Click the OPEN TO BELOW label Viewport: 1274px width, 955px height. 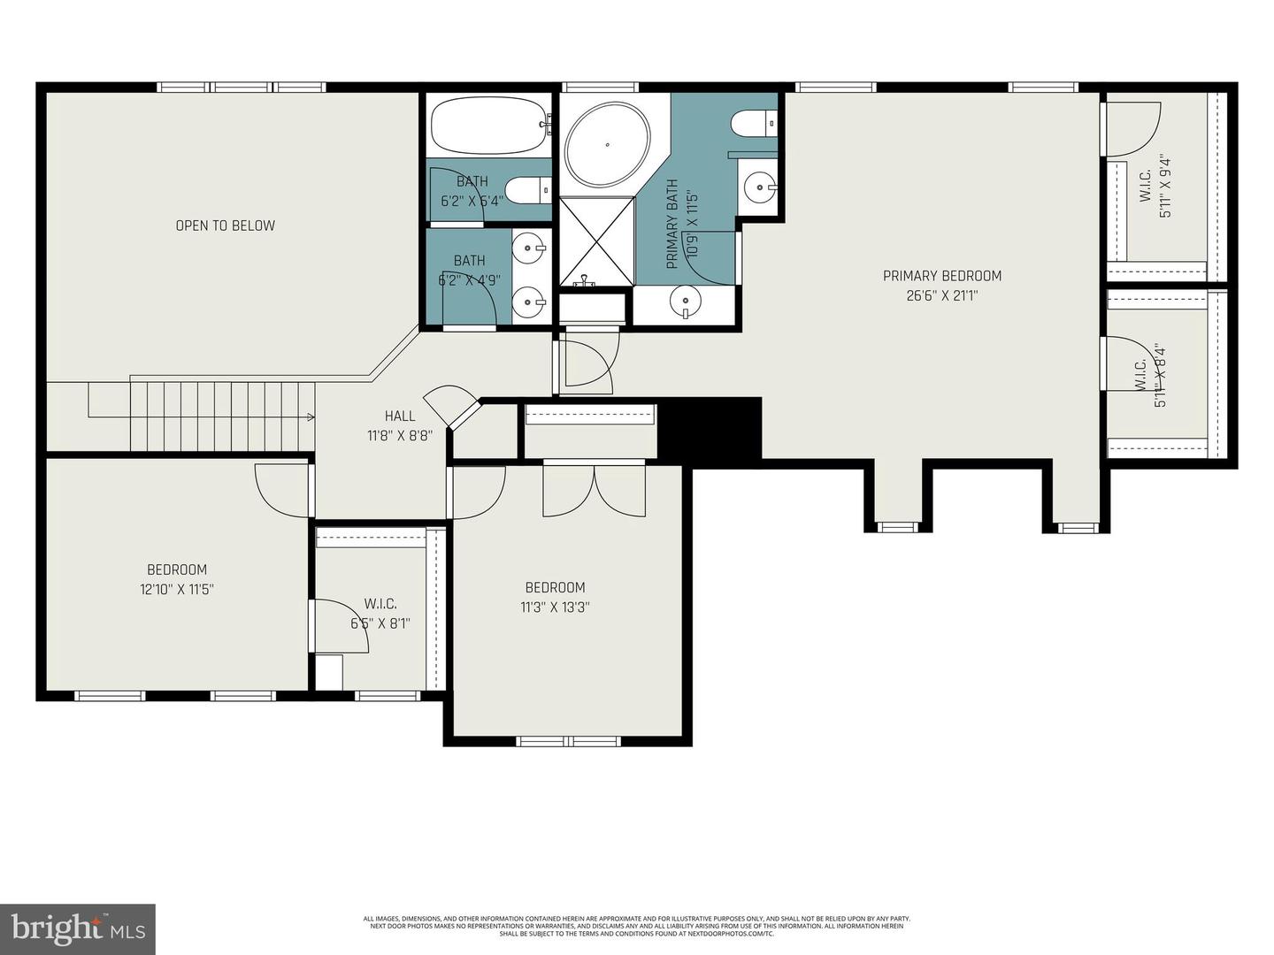(225, 225)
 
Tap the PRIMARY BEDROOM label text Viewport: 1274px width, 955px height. (942, 276)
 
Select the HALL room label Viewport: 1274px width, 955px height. (400, 416)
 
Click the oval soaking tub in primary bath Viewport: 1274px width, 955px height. (608, 144)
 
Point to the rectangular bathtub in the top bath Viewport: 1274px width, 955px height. (488, 126)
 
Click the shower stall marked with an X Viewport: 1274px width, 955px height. (596, 241)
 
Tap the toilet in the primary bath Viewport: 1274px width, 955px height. (754, 123)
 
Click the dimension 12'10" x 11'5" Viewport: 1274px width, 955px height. (177, 589)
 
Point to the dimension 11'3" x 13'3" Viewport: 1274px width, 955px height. (555, 607)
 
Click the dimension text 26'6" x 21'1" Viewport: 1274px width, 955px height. (942, 296)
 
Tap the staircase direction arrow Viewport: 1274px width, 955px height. (309, 416)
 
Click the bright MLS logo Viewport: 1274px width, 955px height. (77, 928)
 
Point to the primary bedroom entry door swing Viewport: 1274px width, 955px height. (587, 363)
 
